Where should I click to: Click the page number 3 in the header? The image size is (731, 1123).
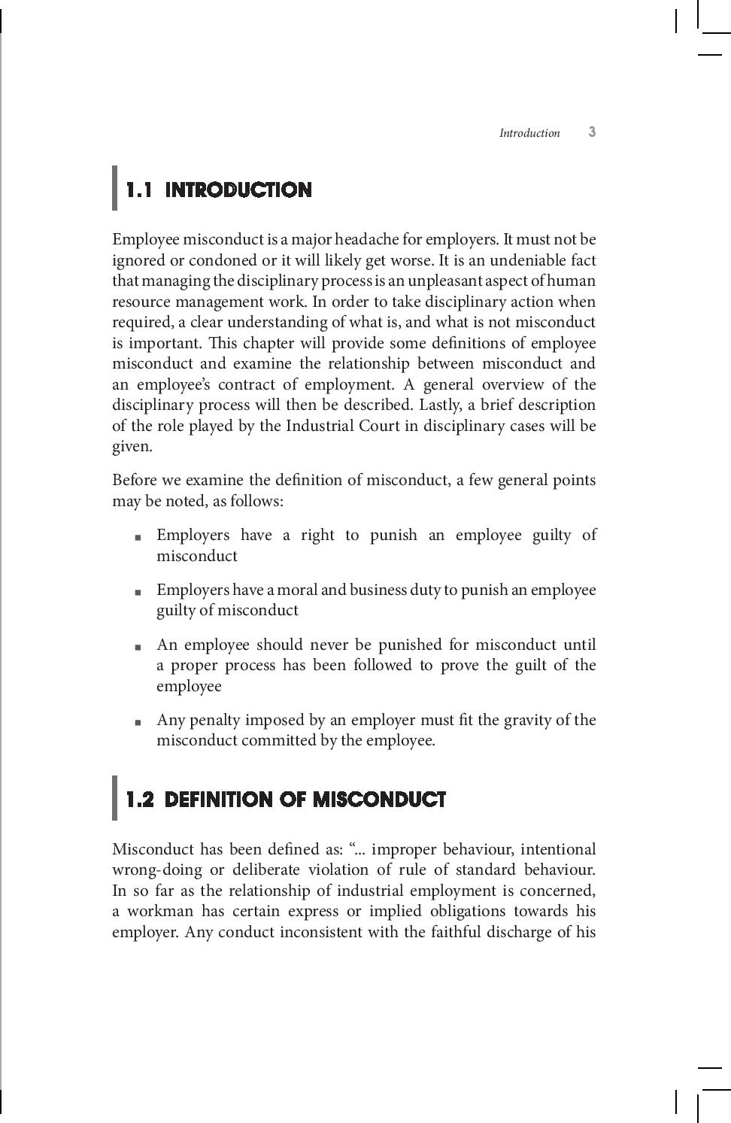(x=592, y=132)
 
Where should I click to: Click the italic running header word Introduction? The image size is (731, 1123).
(x=529, y=133)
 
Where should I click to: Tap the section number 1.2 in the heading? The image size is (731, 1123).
(x=140, y=800)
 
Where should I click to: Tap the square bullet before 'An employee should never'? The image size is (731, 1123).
(x=138, y=647)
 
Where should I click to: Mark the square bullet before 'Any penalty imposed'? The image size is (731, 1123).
(x=138, y=722)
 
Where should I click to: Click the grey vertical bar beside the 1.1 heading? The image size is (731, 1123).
(x=115, y=188)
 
